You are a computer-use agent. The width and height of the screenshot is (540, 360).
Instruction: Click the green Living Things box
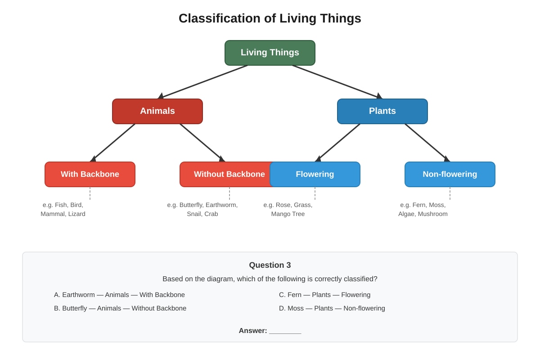(x=270, y=53)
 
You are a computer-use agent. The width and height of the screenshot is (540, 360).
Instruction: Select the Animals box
(x=157, y=111)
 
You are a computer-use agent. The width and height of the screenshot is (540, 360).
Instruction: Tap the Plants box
(x=382, y=111)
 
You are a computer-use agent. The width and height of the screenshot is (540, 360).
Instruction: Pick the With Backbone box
(x=90, y=174)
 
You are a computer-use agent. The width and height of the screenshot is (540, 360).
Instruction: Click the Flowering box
(x=315, y=174)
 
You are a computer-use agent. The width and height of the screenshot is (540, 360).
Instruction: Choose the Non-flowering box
(x=450, y=174)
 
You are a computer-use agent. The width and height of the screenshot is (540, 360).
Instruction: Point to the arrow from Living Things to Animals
(x=203, y=82)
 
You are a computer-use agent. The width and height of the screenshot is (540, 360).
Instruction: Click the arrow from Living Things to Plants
(x=337, y=82)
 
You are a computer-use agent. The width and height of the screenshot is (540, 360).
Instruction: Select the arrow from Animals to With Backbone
(x=112, y=143)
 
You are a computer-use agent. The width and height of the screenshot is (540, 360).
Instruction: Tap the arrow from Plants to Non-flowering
(x=427, y=143)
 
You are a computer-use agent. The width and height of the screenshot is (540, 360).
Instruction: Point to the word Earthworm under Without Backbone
(x=221, y=205)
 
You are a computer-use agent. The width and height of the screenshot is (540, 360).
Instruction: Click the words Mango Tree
(x=288, y=214)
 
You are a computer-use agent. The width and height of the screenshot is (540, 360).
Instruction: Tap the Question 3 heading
(x=270, y=265)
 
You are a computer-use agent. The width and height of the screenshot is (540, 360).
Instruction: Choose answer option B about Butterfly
(x=120, y=308)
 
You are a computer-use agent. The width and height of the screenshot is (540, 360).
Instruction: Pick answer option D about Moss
(x=332, y=308)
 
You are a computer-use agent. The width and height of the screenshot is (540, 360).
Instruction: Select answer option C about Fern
(x=325, y=295)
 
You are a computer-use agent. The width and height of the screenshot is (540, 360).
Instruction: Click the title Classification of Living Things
(x=270, y=18)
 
